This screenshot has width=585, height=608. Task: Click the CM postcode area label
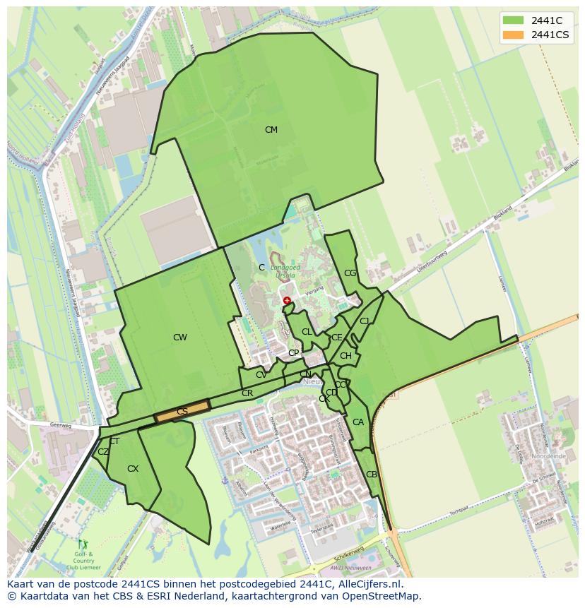click(x=271, y=130)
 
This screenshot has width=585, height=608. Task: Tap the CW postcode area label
click(x=180, y=338)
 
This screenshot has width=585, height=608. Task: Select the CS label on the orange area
click(x=182, y=412)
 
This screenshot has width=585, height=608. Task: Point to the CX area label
click(x=133, y=469)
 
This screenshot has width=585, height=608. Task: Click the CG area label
click(x=350, y=273)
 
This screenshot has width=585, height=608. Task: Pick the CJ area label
click(x=365, y=321)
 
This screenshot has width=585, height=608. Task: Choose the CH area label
click(x=345, y=356)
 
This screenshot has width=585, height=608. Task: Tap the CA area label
click(x=358, y=422)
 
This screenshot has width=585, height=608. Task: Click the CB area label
click(x=372, y=475)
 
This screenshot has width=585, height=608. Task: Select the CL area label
click(x=307, y=332)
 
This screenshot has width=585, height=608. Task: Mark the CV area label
click(x=261, y=375)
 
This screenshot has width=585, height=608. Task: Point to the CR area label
click(x=247, y=393)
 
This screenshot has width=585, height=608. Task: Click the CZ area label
click(x=103, y=452)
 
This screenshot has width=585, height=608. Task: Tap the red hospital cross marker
click(x=287, y=301)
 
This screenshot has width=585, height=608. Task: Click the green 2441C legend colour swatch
click(x=513, y=20)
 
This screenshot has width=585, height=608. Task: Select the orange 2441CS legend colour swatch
click(x=513, y=35)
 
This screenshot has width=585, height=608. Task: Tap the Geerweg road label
click(x=62, y=425)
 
